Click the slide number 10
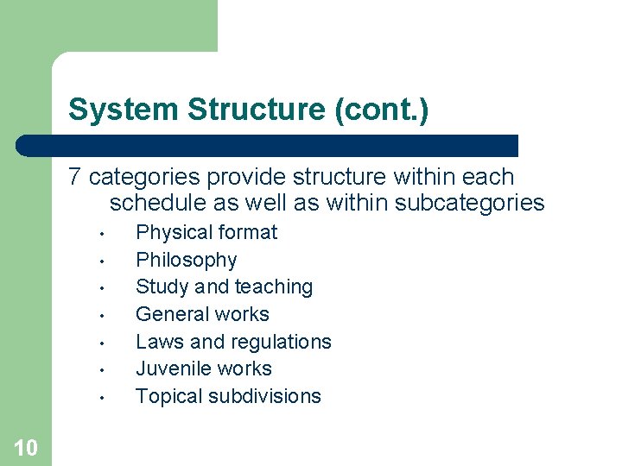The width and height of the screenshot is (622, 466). click(26, 447)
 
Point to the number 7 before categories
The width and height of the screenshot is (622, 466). click(75, 177)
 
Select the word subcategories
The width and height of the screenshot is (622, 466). click(469, 203)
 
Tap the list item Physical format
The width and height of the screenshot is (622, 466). click(206, 232)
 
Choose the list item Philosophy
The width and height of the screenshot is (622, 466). click(186, 260)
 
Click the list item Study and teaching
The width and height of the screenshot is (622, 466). click(224, 287)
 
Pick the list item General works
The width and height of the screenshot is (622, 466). click(202, 314)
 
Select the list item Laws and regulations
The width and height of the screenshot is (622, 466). click(233, 342)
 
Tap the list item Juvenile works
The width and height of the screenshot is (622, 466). click(203, 368)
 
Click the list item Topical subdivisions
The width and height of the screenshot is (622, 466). click(228, 396)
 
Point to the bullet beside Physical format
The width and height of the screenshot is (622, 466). click(102, 234)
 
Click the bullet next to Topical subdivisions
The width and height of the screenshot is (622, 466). click(102, 398)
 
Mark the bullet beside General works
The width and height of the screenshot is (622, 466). click(102, 316)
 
